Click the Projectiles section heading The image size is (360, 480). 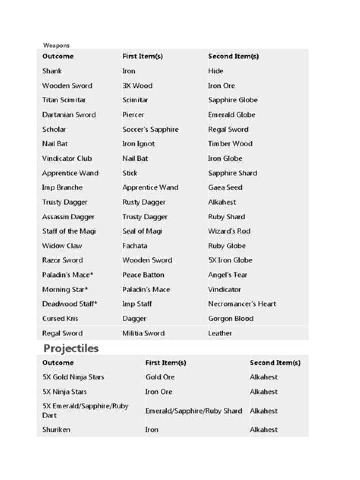pyautogui.click(x=71, y=348)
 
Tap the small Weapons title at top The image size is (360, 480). pyautogui.click(x=56, y=46)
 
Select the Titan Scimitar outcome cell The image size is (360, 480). pyautogui.click(x=64, y=100)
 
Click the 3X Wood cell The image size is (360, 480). pyautogui.click(x=137, y=86)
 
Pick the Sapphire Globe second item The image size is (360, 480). pyautogui.click(x=233, y=100)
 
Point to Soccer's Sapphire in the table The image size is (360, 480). pyautogui.click(x=150, y=129)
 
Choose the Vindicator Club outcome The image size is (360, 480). pyautogui.click(x=67, y=159)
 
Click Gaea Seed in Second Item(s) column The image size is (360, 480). pyautogui.click(x=225, y=188)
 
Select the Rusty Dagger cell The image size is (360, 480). pyautogui.click(x=144, y=202)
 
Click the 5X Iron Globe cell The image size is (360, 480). pyautogui.click(x=230, y=260)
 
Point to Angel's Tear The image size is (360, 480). pyautogui.click(x=228, y=275)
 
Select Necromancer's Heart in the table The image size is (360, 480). pyautogui.click(x=242, y=304)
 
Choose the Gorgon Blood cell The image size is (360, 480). pyautogui.click(x=231, y=319)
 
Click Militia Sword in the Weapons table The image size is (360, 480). pyautogui.click(x=143, y=333)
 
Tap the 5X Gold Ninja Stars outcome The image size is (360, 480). pyautogui.click(x=73, y=377)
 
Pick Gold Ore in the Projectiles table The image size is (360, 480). pyautogui.click(x=160, y=377)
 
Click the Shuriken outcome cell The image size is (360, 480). pyautogui.click(x=56, y=430)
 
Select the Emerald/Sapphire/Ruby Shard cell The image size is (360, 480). pyautogui.click(x=194, y=411)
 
